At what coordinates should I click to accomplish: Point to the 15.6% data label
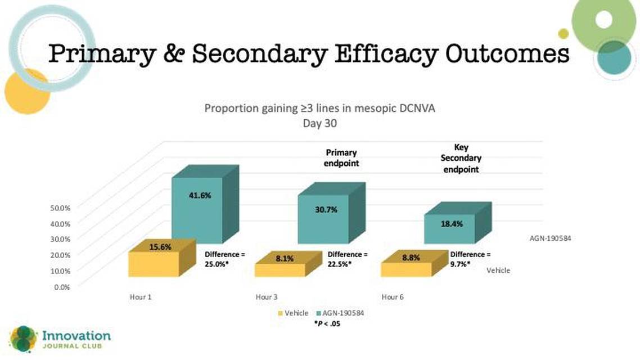160,247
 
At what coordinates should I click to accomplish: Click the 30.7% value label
326,209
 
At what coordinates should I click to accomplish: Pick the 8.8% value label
411,258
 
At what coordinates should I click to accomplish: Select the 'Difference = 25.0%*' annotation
225,259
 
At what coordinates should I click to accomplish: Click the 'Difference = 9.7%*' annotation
470,259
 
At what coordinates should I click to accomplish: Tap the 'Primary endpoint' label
341,158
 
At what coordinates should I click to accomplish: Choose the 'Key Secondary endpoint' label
461,159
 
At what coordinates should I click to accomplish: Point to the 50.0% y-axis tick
60,208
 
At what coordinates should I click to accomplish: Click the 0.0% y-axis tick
62,287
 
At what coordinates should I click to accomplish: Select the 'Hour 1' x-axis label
141,297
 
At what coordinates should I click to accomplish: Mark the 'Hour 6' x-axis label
392,297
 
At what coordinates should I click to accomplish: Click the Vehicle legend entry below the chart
292,313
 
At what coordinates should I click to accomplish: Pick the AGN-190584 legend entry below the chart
340,313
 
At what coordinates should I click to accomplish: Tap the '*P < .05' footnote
327,323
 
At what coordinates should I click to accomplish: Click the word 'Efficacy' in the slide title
386,54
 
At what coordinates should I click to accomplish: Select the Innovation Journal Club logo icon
23,339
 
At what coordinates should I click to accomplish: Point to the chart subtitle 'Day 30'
319,123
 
